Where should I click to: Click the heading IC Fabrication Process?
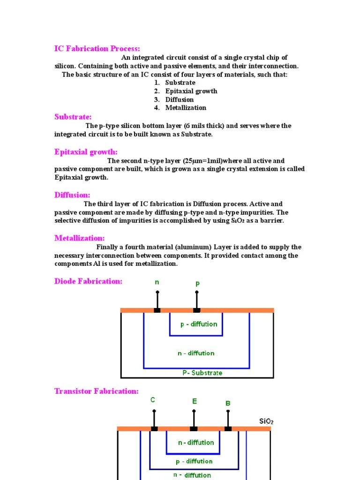point(97,49)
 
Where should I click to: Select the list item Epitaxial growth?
point(191,91)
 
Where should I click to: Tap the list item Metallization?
point(186,108)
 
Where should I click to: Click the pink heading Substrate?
point(73,117)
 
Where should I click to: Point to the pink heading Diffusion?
point(72,195)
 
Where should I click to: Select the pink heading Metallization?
point(79,238)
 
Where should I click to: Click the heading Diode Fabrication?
point(88,281)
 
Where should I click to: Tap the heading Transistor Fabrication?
point(96,391)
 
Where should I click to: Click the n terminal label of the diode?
point(157,282)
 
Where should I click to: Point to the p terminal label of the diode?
point(197,284)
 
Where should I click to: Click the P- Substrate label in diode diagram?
point(202,373)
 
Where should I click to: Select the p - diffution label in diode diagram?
point(199,324)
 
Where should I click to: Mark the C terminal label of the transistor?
point(153,400)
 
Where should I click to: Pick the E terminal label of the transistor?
point(195,401)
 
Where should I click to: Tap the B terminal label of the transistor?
point(228,403)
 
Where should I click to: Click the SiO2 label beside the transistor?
point(266,421)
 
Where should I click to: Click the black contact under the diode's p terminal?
point(197,310)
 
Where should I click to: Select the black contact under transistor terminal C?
point(154,428)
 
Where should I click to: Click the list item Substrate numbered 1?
point(180,82)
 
